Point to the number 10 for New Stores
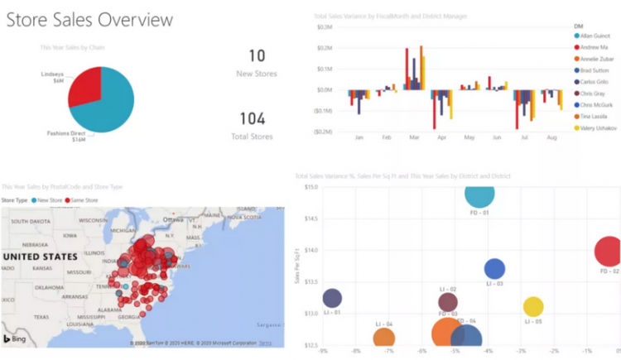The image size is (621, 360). coord(258,55)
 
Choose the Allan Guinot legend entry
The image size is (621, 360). coord(593,36)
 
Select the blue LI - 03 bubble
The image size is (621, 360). coord(494,268)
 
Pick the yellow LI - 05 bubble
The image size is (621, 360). coord(534,306)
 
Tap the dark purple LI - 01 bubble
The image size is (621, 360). coord(332,299)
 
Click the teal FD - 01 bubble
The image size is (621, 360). coord(479,194)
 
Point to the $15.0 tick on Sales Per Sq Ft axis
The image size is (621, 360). coord(310,187)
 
